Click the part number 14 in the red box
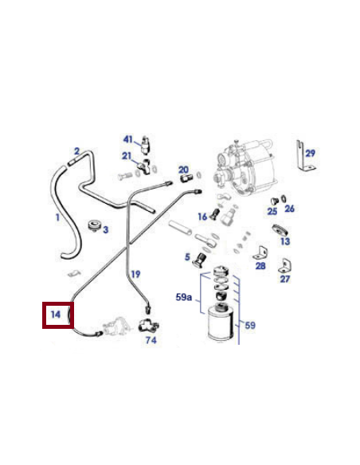pyautogui.click(x=56, y=315)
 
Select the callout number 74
pyautogui.click(x=151, y=341)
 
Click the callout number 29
pyautogui.click(x=310, y=152)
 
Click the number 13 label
pyautogui.click(x=284, y=241)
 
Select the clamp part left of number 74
pyautogui.click(x=145, y=326)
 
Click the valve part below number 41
pyautogui.click(x=145, y=147)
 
